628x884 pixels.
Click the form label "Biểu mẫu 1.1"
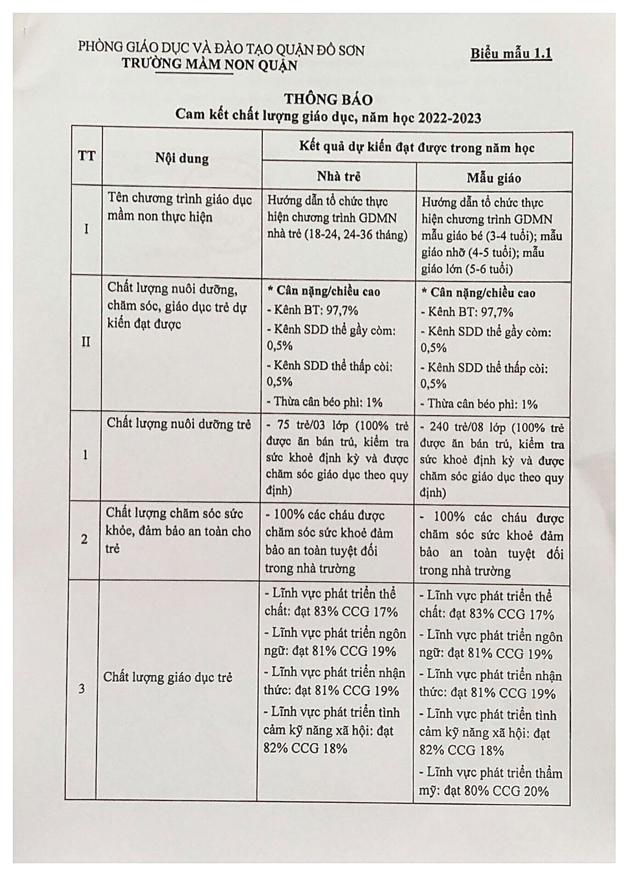pyautogui.click(x=511, y=54)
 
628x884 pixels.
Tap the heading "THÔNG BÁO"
pyautogui.click(x=328, y=99)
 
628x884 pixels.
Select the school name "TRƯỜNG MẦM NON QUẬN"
pyautogui.click(x=210, y=65)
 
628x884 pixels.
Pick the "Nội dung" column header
pyautogui.click(x=182, y=158)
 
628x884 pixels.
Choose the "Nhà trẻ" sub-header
pyautogui.click(x=338, y=177)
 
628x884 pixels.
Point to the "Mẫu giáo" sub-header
pyautogui.click(x=494, y=178)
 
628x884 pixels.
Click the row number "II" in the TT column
pyautogui.click(x=86, y=342)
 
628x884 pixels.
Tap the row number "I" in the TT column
pyautogui.click(x=86, y=228)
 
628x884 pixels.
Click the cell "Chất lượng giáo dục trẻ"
pyautogui.click(x=168, y=677)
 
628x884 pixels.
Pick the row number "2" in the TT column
pyautogui.click(x=84, y=539)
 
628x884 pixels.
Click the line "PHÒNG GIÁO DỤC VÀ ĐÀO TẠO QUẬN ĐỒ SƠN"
pyautogui.click(x=221, y=50)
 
